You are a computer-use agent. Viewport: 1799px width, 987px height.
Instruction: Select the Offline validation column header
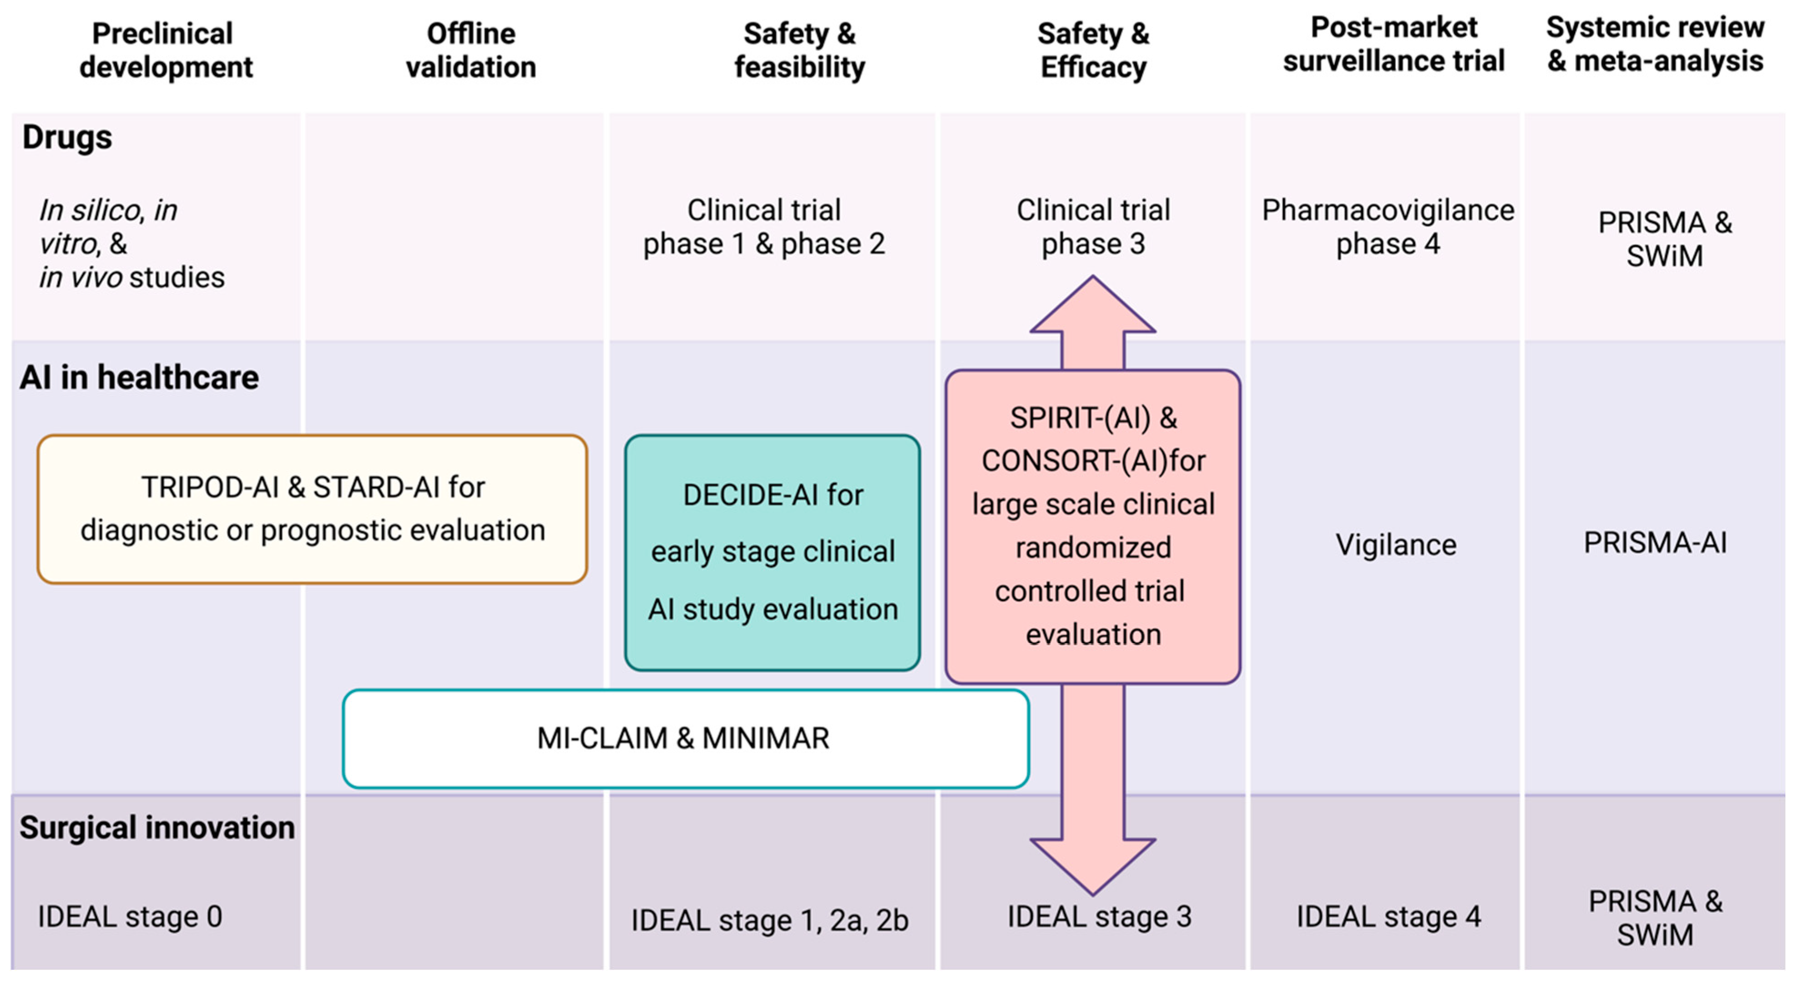(471, 50)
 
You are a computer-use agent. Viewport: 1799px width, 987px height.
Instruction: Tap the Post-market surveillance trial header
(1393, 44)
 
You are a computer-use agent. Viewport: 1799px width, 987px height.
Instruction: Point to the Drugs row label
(67, 137)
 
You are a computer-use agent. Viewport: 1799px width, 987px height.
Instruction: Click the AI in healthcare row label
(139, 378)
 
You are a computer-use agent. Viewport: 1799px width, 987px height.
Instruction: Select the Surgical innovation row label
(157, 828)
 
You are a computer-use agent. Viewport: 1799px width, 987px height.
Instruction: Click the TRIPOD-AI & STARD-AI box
(312, 509)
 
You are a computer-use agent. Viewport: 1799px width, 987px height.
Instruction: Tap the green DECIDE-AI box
(773, 552)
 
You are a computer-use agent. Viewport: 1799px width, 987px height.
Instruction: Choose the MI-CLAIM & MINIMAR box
(684, 738)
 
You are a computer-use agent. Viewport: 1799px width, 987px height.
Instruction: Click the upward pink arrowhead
(1093, 307)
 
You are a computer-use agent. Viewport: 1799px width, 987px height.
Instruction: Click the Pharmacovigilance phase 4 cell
(1388, 227)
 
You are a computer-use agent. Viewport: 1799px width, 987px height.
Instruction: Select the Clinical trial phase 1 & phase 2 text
(764, 227)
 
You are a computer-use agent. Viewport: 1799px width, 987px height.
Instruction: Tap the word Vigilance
(1395, 545)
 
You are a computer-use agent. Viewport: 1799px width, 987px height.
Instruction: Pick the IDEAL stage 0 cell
(130, 917)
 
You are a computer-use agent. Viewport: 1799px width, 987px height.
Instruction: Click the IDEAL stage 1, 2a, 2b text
(770, 921)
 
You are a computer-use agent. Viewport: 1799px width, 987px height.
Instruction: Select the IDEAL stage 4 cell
(1388, 917)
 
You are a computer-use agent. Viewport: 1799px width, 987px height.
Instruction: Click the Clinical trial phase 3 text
(1093, 227)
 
